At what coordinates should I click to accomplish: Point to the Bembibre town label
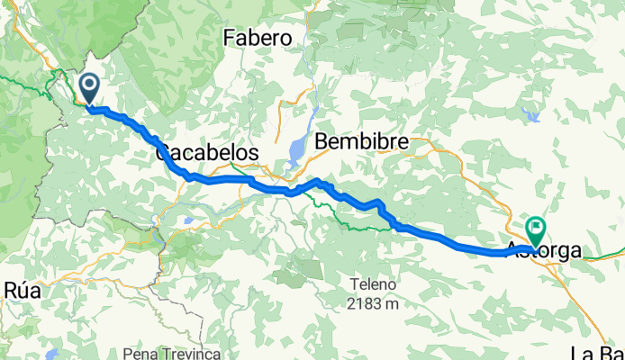pos(362,141)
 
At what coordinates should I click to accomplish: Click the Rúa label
pos(23,290)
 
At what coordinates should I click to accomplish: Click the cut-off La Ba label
pos(598,351)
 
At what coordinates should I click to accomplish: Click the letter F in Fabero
pos(229,38)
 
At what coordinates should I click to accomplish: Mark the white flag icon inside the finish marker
pos(538,226)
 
